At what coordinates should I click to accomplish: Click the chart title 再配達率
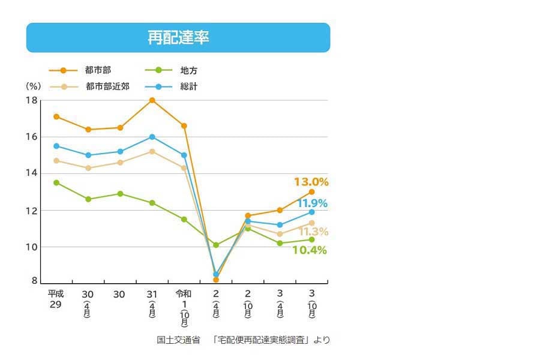[x=178, y=38]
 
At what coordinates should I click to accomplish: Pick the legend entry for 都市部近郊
[x=107, y=86]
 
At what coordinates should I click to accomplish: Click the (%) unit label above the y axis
[x=34, y=86]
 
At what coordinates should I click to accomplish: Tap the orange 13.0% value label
[x=311, y=182]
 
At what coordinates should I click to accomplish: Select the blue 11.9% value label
[x=312, y=203]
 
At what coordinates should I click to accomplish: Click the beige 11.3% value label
[x=313, y=232]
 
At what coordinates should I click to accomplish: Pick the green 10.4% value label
[x=310, y=250]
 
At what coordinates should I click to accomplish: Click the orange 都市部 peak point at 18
[x=152, y=100]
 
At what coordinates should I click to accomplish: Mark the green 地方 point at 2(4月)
[x=216, y=245]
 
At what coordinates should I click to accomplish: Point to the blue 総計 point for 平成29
[x=56, y=146]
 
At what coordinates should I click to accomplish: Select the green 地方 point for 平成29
[x=56, y=182]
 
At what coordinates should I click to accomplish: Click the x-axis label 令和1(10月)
[x=184, y=304]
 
